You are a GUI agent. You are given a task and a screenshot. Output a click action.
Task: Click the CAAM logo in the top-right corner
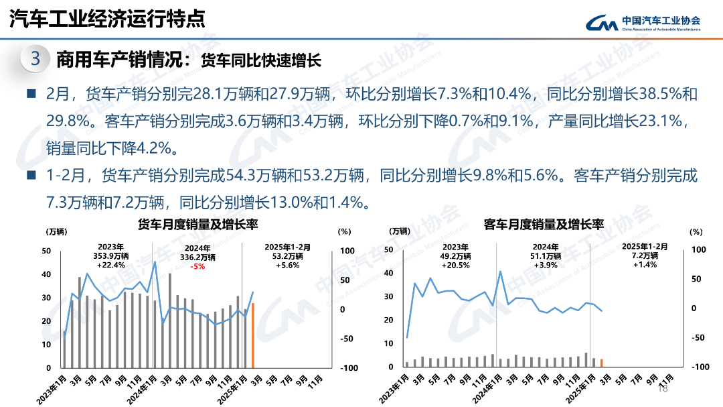click(x=643, y=23)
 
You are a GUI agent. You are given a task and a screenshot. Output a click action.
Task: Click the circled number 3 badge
click(x=35, y=59)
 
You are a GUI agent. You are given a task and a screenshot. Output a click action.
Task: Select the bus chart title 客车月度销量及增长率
click(x=544, y=224)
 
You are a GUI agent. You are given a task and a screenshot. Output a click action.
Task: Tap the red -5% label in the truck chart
click(x=197, y=266)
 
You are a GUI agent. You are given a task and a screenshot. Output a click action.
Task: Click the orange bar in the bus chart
click(x=601, y=363)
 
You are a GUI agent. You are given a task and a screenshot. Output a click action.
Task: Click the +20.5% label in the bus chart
click(x=456, y=265)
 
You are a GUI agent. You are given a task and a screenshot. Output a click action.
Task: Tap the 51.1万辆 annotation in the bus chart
click(x=547, y=255)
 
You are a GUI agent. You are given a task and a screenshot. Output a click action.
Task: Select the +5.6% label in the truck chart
click(x=289, y=265)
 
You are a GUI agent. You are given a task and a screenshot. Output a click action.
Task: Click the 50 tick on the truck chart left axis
click(x=46, y=251)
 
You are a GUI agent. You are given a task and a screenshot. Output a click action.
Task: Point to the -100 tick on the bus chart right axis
click(x=699, y=367)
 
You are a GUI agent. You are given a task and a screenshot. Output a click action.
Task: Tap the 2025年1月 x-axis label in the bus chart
click(x=580, y=386)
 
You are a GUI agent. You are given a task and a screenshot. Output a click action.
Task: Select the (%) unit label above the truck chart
click(x=344, y=231)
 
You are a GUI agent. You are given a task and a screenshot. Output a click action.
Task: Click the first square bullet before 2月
click(x=31, y=94)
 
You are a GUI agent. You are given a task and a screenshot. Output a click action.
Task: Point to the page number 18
click(x=663, y=388)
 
